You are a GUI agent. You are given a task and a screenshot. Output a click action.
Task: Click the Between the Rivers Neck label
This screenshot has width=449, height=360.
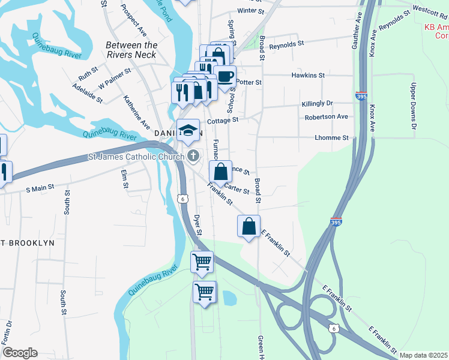[131, 50]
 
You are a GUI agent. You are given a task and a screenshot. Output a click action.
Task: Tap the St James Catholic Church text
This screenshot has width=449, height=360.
[136, 157]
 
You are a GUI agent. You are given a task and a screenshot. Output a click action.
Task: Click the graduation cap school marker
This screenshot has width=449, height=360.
[188, 130]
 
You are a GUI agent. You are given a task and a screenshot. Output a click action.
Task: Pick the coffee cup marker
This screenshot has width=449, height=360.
[225, 77]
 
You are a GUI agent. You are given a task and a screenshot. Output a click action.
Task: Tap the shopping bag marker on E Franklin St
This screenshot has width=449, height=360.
[249, 227]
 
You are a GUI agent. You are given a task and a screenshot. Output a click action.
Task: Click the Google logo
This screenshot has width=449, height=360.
[20, 353]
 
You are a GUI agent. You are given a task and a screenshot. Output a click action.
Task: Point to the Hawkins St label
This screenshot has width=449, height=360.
[308, 76]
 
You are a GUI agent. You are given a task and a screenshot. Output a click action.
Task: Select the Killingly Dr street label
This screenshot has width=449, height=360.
[318, 104]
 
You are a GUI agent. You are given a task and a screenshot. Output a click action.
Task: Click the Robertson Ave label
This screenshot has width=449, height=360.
[326, 117]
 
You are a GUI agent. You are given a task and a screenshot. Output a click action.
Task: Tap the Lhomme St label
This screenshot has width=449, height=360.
[332, 138]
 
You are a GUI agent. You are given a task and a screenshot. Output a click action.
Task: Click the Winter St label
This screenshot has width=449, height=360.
[250, 11]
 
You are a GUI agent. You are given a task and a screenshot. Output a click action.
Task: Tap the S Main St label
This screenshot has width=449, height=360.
[40, 188]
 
